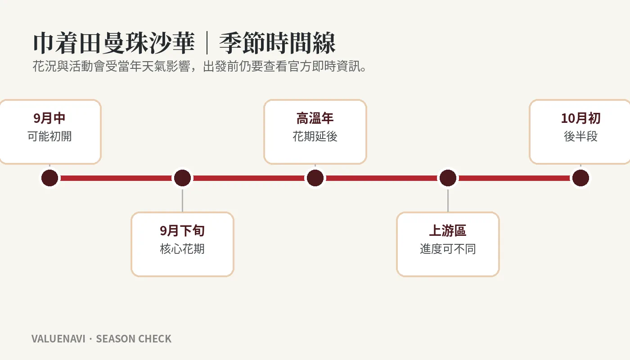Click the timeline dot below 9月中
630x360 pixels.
[x=50, y=178]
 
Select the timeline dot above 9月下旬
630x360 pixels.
[x=183, y=178]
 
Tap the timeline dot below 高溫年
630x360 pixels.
[x=315, y=178]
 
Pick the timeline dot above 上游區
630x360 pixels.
[x=448, y=178]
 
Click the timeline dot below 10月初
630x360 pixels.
[x=581, y=178]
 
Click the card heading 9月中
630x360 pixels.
[x=49, y=118]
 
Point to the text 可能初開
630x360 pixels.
[x=49, y=136]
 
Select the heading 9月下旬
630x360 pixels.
[x=182, y=230]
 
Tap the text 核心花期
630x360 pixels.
[x=182, y=249]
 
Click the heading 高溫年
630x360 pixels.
[x=315, y=118]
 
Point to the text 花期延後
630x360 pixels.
[x=315, y=136]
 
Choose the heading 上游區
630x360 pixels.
[x=448, y=230]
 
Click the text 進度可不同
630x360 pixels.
[x=448, y=249]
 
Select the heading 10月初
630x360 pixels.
[x=581, y=118]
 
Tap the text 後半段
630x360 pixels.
[x=581, y=136]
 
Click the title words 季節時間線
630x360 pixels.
[x=277, y=43]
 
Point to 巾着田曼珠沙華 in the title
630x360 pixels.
[x=114, y=43]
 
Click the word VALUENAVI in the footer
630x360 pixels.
[x=58, y=339]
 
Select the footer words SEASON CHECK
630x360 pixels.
[x=134, y=339]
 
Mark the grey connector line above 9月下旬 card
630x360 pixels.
[x=183, y=201]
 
